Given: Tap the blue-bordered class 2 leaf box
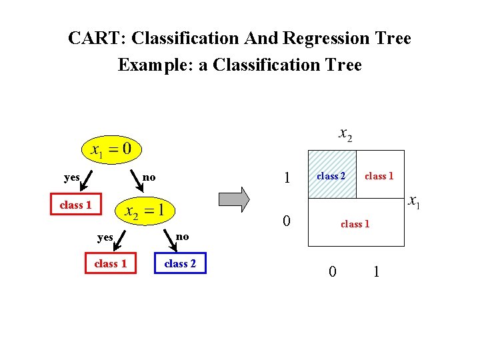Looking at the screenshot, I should tap(180, 263).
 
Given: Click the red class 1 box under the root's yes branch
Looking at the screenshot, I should tap(75, 205).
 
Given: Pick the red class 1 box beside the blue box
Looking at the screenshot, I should tap(110, 263).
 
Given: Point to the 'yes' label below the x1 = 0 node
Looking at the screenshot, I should tap(72, 177).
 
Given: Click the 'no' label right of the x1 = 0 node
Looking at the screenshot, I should tap(149, 177).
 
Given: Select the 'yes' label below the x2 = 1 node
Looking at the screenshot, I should tap(105, 237).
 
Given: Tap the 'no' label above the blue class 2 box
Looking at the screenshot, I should tap(182, 237).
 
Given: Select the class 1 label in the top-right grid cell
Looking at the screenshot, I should tap(379, 176).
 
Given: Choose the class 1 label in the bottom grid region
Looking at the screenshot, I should tap(355, 224).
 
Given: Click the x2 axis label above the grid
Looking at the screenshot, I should tap(345, 135).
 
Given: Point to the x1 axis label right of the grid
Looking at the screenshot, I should tap(413, 201).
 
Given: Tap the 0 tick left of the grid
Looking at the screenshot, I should tap(286, 221).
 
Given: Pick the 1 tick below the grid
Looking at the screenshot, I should tap(377, 271).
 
